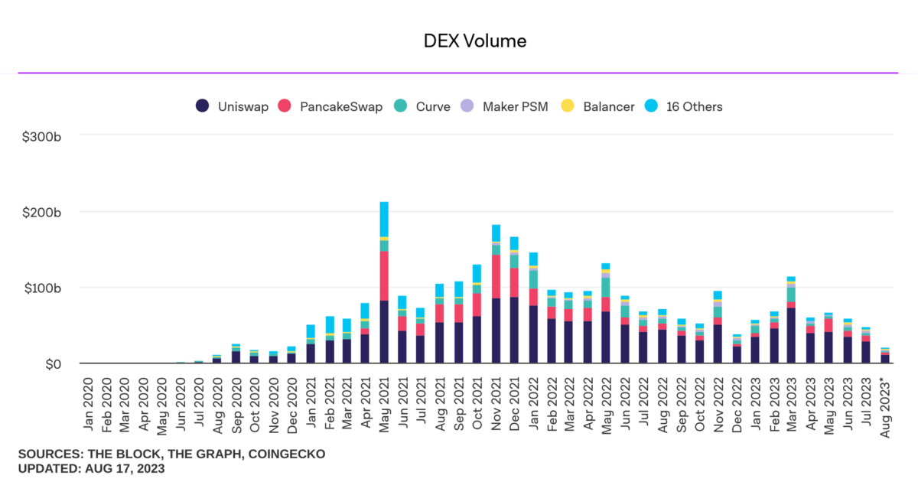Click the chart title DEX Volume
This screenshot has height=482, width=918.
tap(475, 41)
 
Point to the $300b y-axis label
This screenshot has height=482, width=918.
tap(43, 137)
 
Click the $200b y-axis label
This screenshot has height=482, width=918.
tap(43, 212)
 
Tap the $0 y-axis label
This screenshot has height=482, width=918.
tap(51, 364)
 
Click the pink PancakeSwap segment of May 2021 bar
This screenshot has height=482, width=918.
tap(384, 275)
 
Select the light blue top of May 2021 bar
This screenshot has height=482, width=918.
tap(384, 219)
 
